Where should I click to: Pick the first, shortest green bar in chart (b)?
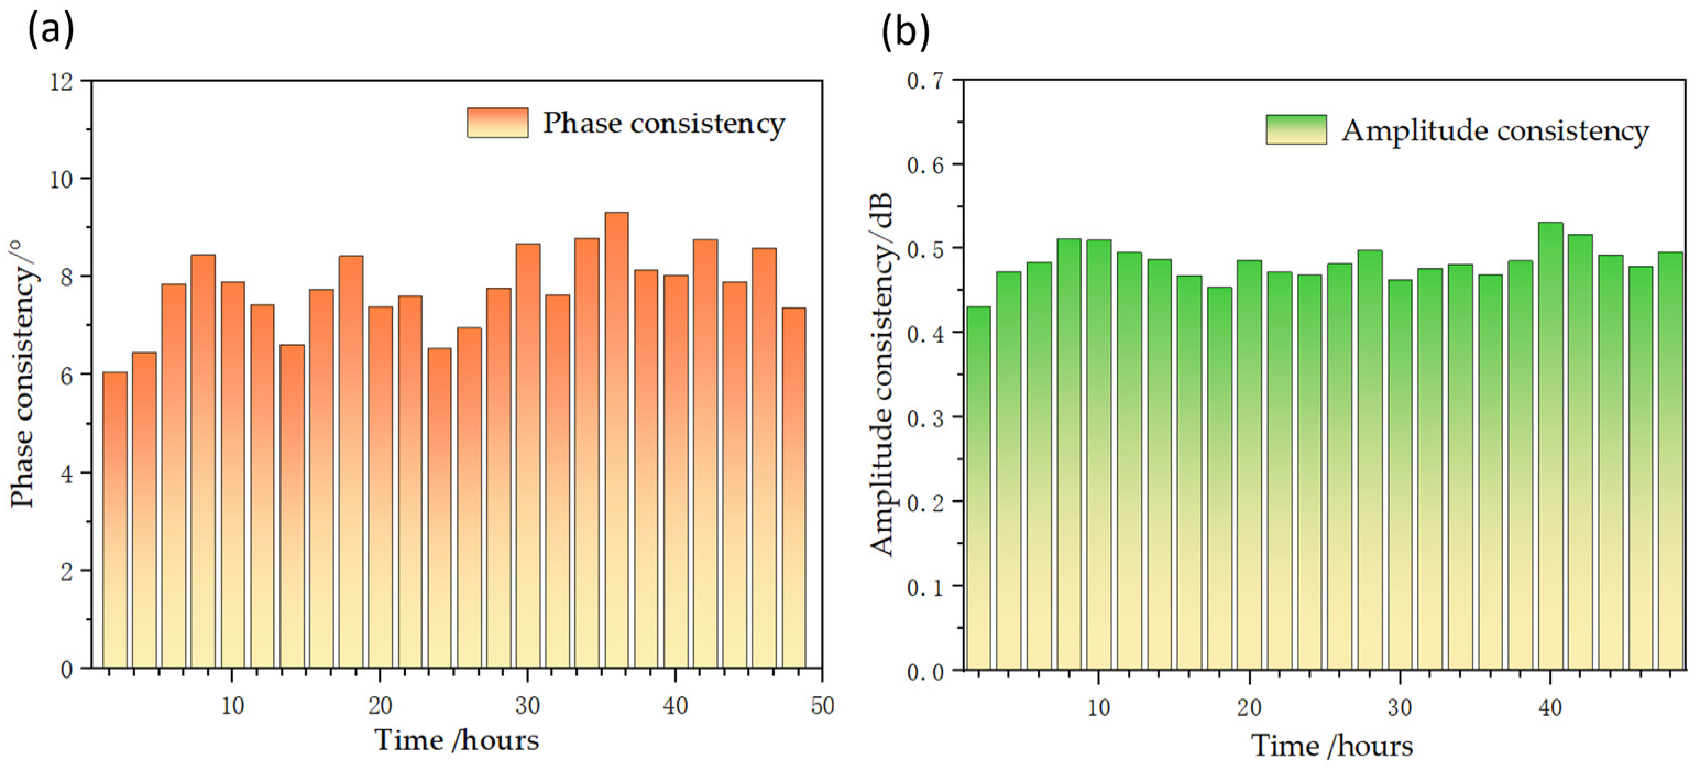(978, 488)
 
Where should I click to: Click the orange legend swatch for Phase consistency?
(497, 123)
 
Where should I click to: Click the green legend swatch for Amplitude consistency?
(1296, 129)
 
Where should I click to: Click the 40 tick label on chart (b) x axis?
(1550, 708)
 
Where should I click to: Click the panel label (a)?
(50, 30)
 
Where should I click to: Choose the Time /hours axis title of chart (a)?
(457, 740)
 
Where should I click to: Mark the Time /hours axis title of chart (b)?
(1332, 746)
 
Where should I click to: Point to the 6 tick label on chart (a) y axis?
(67, 375)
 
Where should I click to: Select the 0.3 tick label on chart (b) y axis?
(925, 417)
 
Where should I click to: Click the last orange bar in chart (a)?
(793, 488)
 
